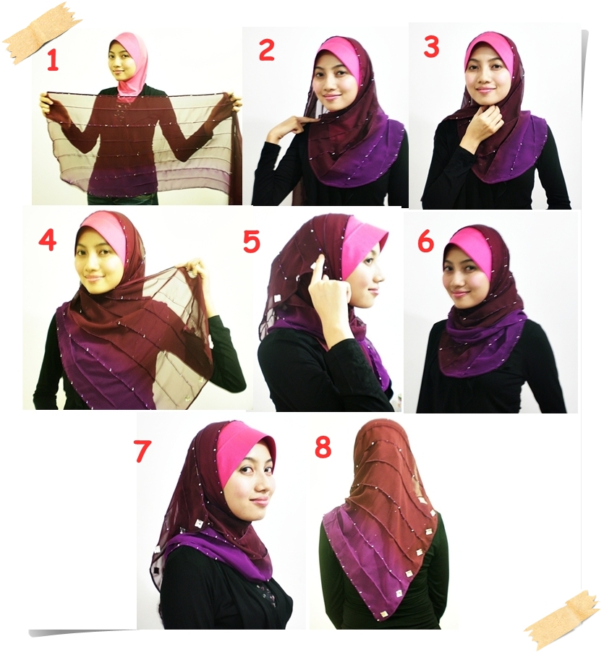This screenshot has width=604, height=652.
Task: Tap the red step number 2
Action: (x=266, y=51)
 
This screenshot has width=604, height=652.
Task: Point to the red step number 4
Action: (x=47, y=240)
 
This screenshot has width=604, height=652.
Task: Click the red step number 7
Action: (x=143, y=450)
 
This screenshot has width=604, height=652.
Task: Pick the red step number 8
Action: (x=323, y=447)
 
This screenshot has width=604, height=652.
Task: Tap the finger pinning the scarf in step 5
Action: (x=316, y=271)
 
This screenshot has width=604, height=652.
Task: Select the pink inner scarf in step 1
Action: (x=131, y=69)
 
